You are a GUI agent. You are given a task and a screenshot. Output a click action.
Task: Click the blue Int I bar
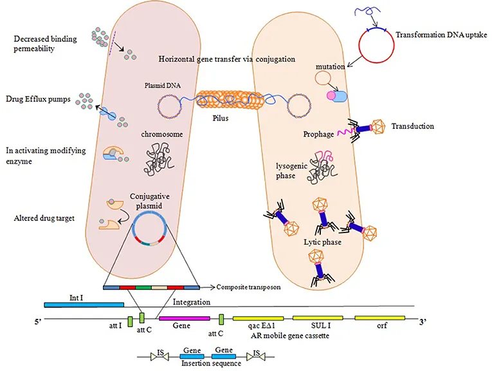coord(84,304)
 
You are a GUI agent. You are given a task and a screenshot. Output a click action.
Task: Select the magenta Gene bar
coord(184,318)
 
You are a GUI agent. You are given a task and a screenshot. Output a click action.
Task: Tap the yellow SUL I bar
coord(316,318)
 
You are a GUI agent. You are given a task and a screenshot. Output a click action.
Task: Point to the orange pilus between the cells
coord(228,102)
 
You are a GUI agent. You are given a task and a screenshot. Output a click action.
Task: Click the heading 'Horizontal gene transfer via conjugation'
coord(227,59)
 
